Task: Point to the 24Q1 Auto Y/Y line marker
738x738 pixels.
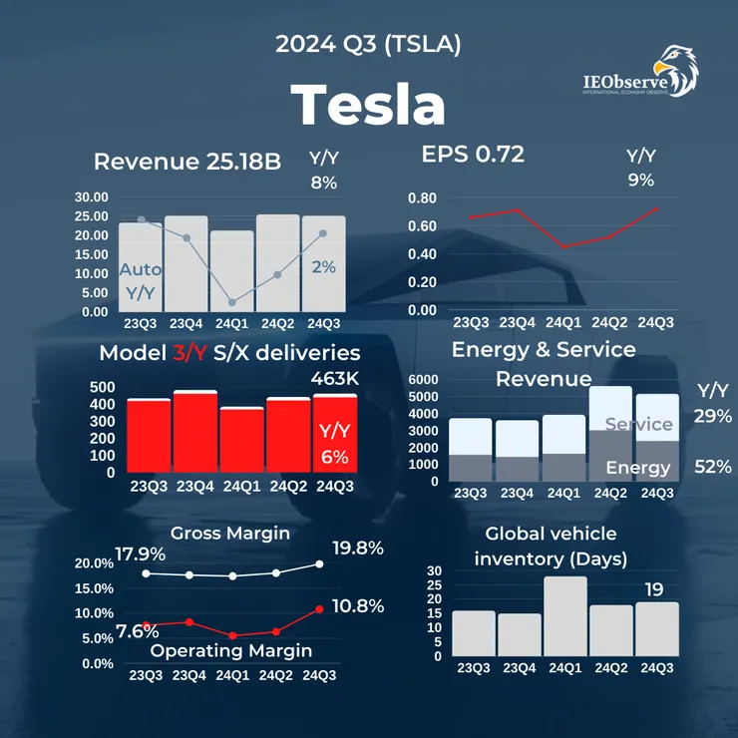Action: (x=231, y=302)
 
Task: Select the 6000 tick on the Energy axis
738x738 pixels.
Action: (x=423, y=380)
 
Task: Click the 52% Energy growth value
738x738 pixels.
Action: (x=712, y=466)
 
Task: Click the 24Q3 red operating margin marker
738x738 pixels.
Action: (x=319, y=608)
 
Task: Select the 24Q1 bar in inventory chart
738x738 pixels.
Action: (x=564, y=615)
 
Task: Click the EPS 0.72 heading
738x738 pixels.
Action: (x=473, y=155)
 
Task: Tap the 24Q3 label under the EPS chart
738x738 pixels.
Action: (x=654, y=322)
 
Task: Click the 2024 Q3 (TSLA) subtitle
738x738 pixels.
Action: (x=368, y=45)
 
